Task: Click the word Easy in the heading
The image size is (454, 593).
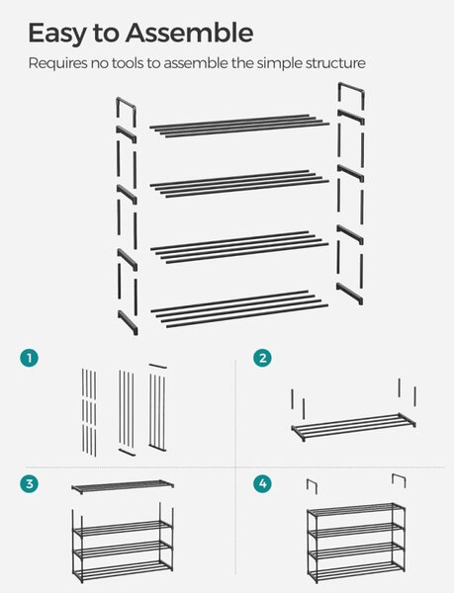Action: coord(57,34)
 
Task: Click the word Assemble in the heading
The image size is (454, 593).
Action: coord(189,33)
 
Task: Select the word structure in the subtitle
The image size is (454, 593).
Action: coord(335,63)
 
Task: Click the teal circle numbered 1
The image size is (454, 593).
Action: coord(29,358)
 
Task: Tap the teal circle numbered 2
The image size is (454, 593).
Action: coord(262,358)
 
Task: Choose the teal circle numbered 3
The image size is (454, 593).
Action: coord(29,483)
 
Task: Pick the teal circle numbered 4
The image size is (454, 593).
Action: coord(262,483)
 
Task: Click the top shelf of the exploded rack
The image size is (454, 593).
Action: coord(239,126)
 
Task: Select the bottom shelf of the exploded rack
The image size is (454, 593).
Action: coord(239,308)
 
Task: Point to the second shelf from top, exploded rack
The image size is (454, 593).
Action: coord(239,184)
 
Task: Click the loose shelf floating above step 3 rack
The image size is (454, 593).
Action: coord(123,485)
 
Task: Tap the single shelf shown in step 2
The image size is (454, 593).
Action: coord(353,427)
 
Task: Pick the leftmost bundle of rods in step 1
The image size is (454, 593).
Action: coord(89,412)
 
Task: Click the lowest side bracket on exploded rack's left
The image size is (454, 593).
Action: coord(128,322)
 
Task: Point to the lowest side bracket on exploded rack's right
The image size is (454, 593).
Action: coord(349,294)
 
